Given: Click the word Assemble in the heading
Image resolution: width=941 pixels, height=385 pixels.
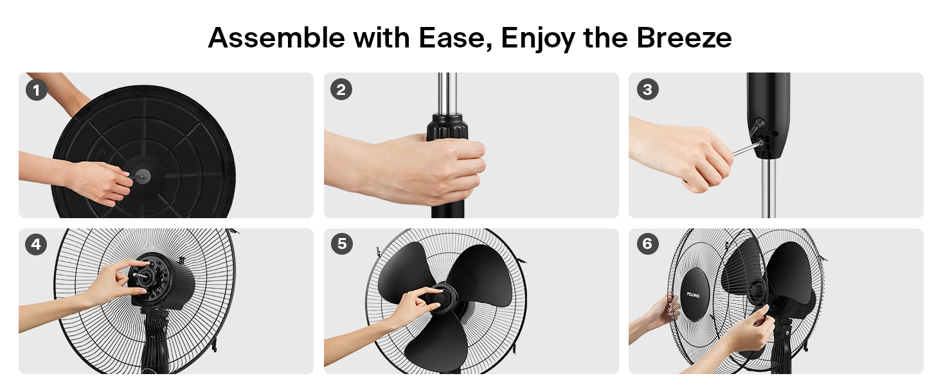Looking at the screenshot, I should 276,38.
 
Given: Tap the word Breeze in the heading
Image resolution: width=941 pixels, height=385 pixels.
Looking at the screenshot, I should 684,38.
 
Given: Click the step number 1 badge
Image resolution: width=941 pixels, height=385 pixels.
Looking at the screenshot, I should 37,89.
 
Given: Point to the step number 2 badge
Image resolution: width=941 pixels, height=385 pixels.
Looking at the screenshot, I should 341,89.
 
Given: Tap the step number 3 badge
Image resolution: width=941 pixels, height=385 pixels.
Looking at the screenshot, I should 647,89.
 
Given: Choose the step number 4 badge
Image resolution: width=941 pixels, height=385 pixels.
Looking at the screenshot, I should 37,244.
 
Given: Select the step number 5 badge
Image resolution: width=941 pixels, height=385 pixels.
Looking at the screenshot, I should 341,244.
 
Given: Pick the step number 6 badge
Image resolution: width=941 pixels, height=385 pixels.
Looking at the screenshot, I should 647,244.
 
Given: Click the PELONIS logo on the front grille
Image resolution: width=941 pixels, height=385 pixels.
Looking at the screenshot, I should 693,295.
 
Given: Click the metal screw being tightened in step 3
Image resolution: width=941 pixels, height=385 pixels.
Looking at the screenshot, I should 746,148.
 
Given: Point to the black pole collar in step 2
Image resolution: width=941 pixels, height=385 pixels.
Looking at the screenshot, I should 448,126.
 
